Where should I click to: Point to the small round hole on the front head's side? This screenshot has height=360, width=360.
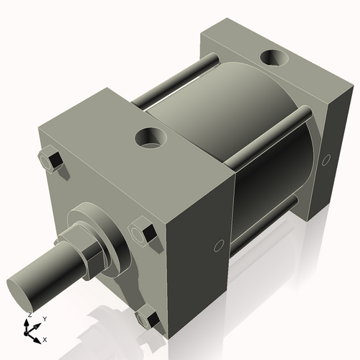219,248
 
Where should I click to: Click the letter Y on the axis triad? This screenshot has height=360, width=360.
44,318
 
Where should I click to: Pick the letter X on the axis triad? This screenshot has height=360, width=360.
45,338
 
